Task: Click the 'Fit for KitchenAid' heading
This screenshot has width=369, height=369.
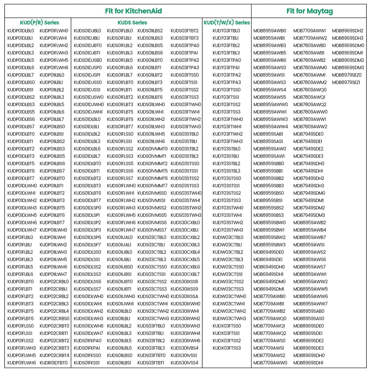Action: [133, 11]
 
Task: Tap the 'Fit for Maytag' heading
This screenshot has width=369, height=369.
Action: [310, 11]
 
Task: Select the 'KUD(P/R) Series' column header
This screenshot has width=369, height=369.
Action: [40, 22]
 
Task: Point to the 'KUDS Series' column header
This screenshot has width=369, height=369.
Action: [132, 22]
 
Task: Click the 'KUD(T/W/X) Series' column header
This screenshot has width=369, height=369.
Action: [227, 22]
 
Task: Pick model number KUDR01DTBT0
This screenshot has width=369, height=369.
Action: [54, 363]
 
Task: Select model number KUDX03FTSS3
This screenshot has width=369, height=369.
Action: [227, 348]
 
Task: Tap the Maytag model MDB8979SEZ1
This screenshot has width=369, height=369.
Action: [346, 82]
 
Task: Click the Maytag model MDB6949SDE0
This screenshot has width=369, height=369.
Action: [269, 252]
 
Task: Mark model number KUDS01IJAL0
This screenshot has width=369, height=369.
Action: [120, 237]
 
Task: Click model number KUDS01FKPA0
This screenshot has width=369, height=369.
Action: [88, 341]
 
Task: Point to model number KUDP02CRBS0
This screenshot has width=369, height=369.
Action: [54, 318]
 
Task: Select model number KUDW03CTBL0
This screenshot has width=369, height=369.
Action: [228, 237]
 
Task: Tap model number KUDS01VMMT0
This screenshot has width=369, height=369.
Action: [152, 149]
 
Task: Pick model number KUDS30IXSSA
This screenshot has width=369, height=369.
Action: [184, 296]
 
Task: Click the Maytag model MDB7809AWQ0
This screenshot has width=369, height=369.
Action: [310, 90]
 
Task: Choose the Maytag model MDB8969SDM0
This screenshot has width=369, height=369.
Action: [348, 45]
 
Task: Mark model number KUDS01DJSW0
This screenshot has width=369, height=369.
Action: [89, 97]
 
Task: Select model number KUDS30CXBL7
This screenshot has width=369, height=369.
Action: [185, 274]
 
